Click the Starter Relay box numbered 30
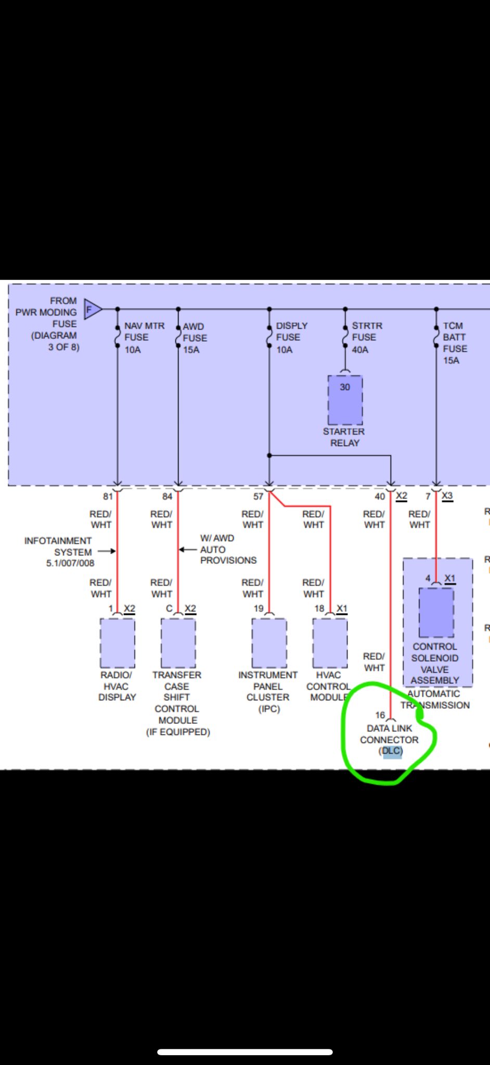345,400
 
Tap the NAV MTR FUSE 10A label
144,337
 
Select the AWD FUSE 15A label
195,338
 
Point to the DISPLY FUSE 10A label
291,337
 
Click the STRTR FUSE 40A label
367,337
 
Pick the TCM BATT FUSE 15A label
455,343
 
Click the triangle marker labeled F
93,309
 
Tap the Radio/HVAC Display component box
118,643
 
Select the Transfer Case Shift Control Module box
178,643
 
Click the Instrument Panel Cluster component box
269,643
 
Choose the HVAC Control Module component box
330,643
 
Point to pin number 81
108,497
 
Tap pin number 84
167,497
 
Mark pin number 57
259,497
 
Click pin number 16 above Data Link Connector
380,715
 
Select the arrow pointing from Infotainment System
107,551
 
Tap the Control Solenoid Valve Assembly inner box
436,612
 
